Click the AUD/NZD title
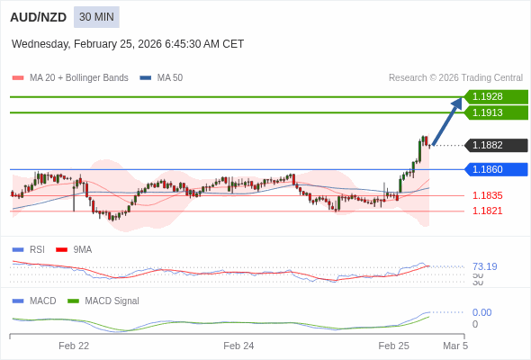coord(35,17)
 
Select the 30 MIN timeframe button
coord(96,17)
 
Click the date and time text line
coord(128,43)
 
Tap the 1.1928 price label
coord(495,96)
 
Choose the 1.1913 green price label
coord(495,112)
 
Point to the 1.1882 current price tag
coord(495,145)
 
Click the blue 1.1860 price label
coord(495,169)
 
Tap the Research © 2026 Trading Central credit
coord(455,77)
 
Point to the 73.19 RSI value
coord(484,266)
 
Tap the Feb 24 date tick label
coord(238,346)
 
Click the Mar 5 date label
coord(455,346)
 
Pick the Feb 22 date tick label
coord(74,346)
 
